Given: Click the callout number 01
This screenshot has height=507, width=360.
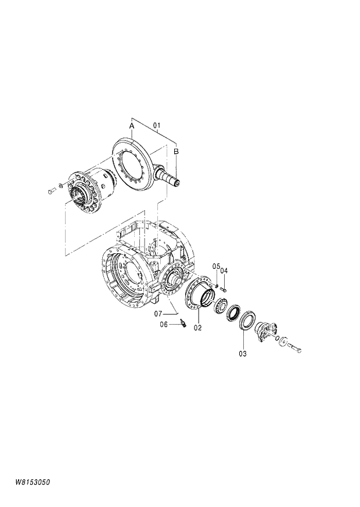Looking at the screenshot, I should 156,125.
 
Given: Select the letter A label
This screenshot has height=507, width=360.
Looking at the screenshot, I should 132,125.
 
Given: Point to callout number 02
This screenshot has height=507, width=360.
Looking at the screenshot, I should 197,328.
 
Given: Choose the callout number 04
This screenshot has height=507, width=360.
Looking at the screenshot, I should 224,270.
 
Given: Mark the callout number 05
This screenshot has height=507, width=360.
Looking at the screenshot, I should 215,267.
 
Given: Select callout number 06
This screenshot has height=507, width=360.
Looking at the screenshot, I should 164,325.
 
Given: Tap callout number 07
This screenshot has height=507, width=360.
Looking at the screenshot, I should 157,314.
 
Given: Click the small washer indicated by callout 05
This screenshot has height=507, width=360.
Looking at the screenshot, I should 217,284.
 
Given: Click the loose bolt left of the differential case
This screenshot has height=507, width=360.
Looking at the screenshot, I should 50,190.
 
